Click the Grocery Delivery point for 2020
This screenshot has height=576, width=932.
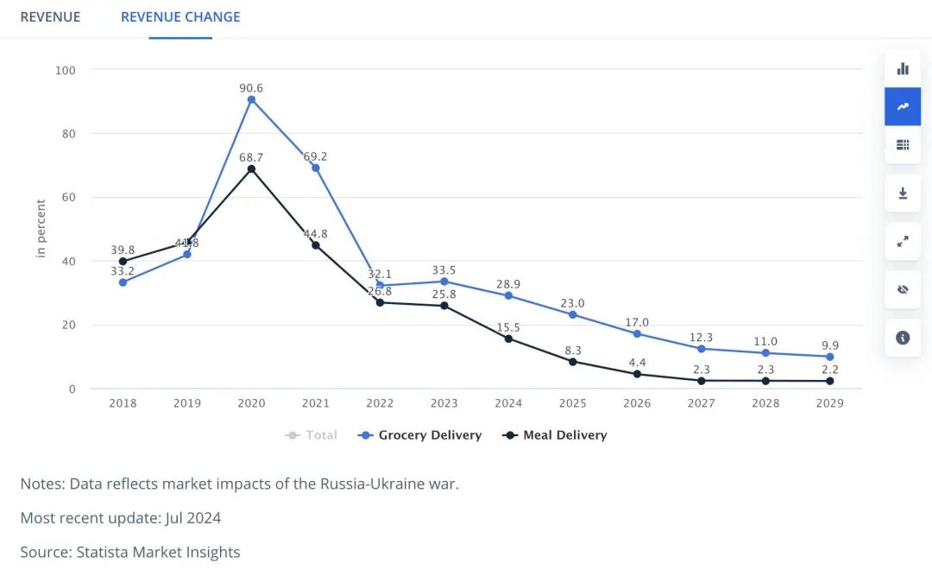[251, 99]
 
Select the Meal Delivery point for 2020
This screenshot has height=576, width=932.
[251, 168]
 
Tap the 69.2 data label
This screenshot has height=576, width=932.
[315, 156]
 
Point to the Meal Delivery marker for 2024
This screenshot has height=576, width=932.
[508, 339]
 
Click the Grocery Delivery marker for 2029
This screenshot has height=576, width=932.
[829, 357]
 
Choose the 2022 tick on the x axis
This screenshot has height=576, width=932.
[380, 403]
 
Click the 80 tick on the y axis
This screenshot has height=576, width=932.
[66, 134]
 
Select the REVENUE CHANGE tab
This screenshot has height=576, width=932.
[180, 17]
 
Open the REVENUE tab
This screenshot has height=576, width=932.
[50, 17]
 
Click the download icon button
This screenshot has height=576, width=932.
[903, 193]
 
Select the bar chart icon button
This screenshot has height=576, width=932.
[903, 69]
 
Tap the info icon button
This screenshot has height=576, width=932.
[903, 338]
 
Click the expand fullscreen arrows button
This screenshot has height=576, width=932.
[903, 242]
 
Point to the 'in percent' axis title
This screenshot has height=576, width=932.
[41, 228]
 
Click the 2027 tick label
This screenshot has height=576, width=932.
[701, 403]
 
